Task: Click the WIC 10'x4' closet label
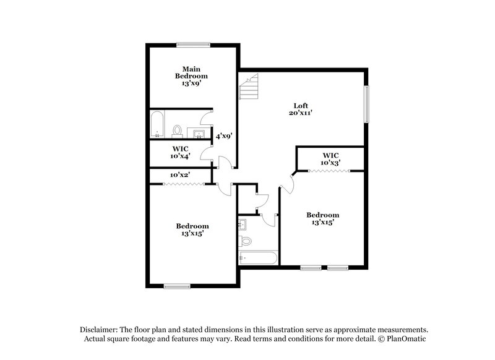(180, 153)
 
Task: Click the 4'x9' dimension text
(223, 136)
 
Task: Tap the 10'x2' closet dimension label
(179, 175)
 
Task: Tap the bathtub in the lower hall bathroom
(257, 257)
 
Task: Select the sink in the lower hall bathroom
(243, 223)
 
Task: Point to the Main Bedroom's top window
(192, 44)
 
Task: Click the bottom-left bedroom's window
(177, 286)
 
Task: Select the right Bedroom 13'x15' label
(322, 219)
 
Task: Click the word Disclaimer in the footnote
(100, 330)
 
